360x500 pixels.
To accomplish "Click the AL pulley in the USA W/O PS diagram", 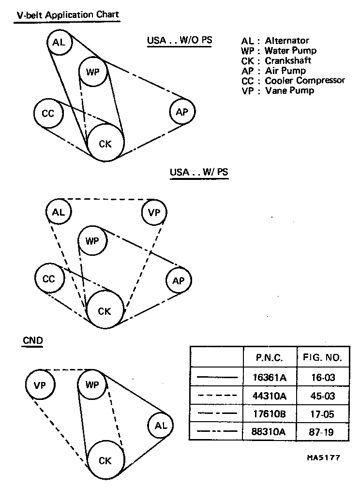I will [x=59, y=43].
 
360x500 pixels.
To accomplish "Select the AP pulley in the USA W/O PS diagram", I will [x=182, y=112].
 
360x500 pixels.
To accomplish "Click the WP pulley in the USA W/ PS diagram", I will [x=92, y=240].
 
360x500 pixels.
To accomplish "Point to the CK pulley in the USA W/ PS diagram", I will [x=105, y=311].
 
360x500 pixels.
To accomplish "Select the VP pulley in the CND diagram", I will [x=40, y=385].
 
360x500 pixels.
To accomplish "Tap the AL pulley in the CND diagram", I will [x=161, y=426].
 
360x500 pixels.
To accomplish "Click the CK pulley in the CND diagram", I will [x=105, y=460].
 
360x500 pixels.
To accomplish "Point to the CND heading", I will [x=33, y=340].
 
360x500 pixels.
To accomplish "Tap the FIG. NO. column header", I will [x=322, y=358].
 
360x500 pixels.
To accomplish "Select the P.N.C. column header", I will [x=270, y=358].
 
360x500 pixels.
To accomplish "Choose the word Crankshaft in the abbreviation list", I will [x=288, y=60].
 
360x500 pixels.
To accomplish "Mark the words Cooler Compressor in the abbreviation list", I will [x=305, y=80].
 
